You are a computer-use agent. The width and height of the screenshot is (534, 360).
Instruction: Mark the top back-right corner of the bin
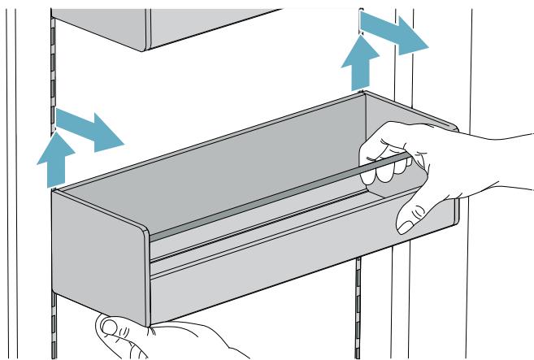pos(364,93)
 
